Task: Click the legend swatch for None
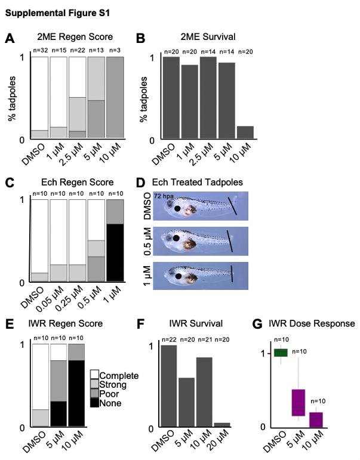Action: tap(94, 404)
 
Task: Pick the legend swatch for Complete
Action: tap(94, 376)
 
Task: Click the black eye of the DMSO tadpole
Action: tap(178, 209)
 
